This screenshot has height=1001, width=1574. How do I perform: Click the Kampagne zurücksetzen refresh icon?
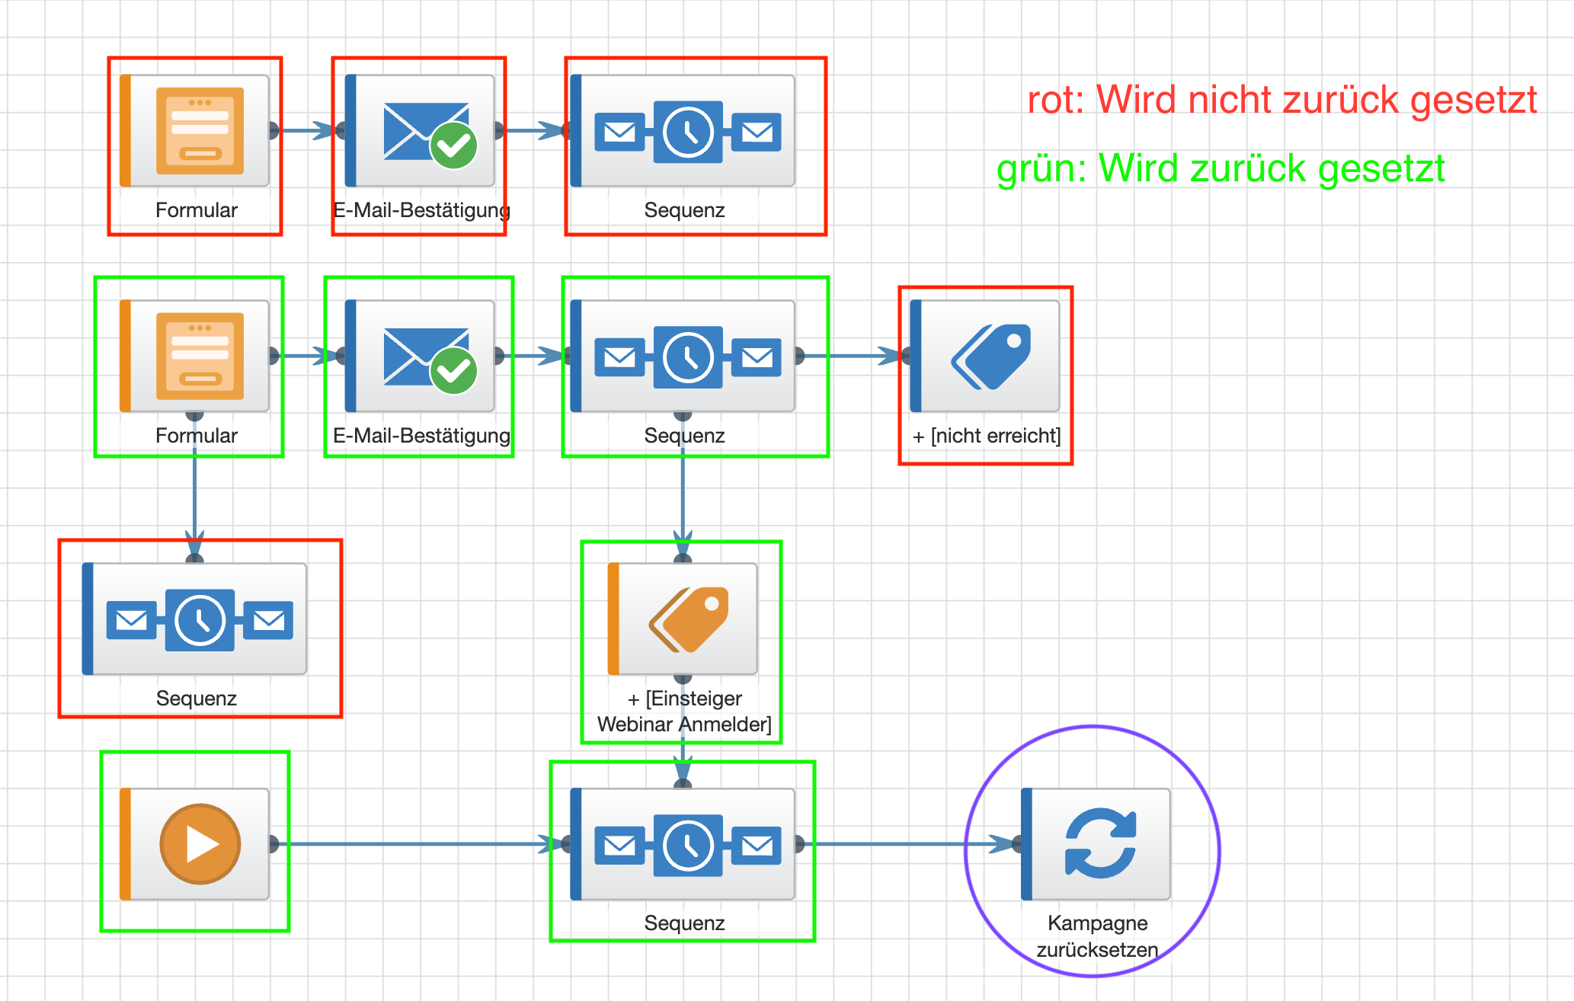click(x=1100, y=843)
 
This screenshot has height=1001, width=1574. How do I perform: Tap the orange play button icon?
click(x=200, y=844)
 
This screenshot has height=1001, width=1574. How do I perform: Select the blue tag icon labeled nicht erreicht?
click(x=991, y=357)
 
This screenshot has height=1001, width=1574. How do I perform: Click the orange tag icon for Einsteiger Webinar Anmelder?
click(x=689, y=619)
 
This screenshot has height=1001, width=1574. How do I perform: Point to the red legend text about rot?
click(x=1281, y=100)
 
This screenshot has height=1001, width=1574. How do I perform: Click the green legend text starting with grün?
click(x=1220, y=168)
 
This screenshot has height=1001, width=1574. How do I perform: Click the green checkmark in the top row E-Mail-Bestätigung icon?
click(x=454, y=146)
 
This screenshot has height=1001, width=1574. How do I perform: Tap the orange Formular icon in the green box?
click(x=200, y=356)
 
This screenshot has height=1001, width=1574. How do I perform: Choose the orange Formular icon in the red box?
click(x=200, y=131)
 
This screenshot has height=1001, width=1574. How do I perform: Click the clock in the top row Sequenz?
click(x=688, y=132)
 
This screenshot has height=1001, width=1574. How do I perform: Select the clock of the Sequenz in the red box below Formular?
click(x=200, y=620)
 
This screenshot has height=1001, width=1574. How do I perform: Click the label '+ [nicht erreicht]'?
click(x=987, y=436)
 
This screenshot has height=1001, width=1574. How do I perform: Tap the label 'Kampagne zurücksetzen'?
click(x=1097, y=936)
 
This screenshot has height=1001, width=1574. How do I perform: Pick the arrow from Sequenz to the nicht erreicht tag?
click(x=849, y=356)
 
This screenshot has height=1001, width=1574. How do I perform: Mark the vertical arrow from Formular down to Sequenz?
click(x=195, y=495)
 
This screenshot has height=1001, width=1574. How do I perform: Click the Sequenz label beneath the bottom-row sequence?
click(x=684, y=923)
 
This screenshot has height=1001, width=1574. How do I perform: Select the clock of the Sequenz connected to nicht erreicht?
click(x=688, y=357)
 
